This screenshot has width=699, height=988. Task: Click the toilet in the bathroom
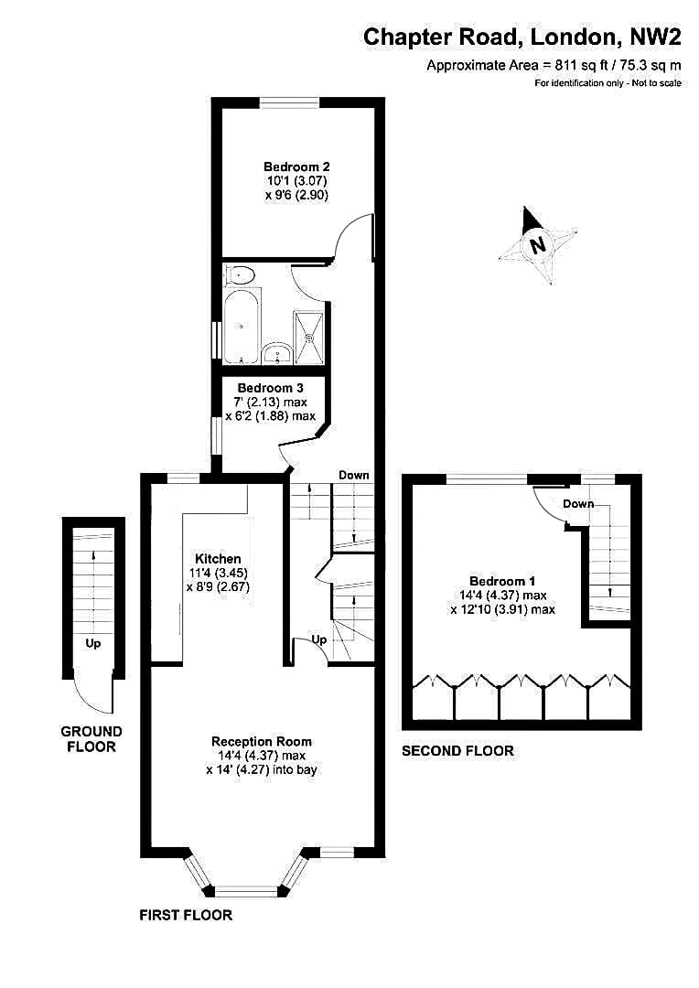[x=240, y=275]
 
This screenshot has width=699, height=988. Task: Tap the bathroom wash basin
[x=276, y=353]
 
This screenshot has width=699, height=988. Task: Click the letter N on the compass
[x=537, y=244]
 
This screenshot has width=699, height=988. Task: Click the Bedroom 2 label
[x=296, y=167]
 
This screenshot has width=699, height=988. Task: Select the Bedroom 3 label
[x=271, y=388]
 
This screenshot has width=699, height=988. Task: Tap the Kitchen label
[x=218, y=559]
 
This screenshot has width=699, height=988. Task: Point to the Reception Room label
[x=262, y=742]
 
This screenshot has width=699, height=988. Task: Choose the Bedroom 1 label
[x=502, y=581]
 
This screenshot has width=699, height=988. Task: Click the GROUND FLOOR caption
[x=91, y=739]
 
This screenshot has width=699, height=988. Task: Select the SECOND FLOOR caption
[x=457, y=750]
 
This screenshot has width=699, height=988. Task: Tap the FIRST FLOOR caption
[x=186, y=915]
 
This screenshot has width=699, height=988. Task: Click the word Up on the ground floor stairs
[x=92, y=643]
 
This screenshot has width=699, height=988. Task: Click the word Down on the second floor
[x=578, y=503]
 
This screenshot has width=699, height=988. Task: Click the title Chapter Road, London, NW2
[x=522, y=37]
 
